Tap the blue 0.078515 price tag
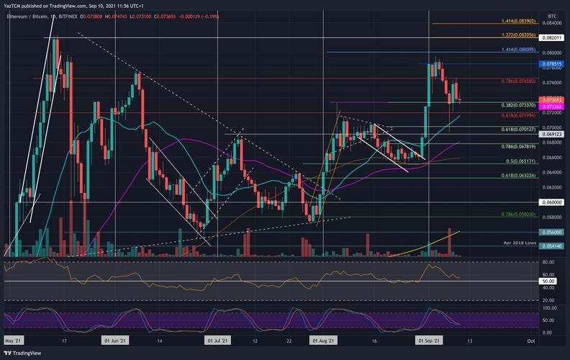[552, 64]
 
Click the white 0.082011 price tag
[552, 37]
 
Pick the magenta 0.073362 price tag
[552, 107]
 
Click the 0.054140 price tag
[552, 247]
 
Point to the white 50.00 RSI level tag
[548, 281]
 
